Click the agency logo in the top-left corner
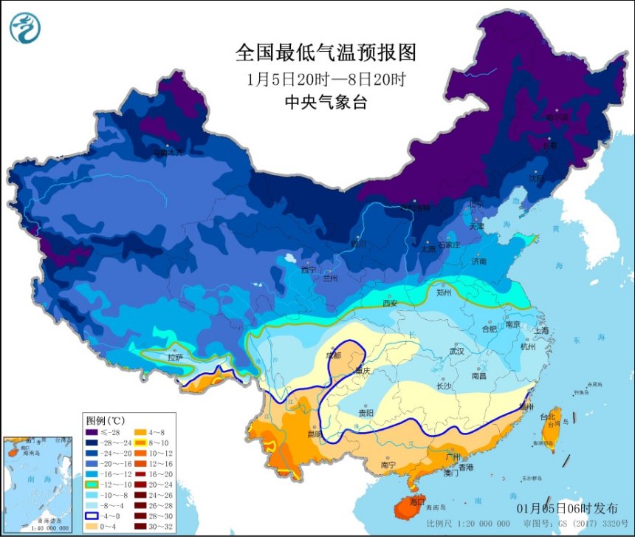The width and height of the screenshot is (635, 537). click(x=25, y=27)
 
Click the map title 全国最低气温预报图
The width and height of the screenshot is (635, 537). click(x=326, y=52)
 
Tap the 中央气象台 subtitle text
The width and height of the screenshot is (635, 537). click(x=326, y=103)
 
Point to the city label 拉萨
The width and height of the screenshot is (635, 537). click(x=175, y=357)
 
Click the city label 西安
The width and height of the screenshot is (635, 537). click(x=390, y=303)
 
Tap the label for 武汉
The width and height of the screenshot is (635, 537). click(x=456, y=352)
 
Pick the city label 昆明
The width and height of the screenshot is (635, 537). click(x=315, y=434)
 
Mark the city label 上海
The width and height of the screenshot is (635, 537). click(x=542, y=330)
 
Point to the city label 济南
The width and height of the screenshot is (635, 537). click(x=479, y=261)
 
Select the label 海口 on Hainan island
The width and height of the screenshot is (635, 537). click(x=417, y=500)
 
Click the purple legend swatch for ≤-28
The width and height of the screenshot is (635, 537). click(x=92, y=432)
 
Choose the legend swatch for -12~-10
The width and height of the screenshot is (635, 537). click(x=92, y=484)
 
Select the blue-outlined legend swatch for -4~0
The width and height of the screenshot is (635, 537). click(x=92, y=516)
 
